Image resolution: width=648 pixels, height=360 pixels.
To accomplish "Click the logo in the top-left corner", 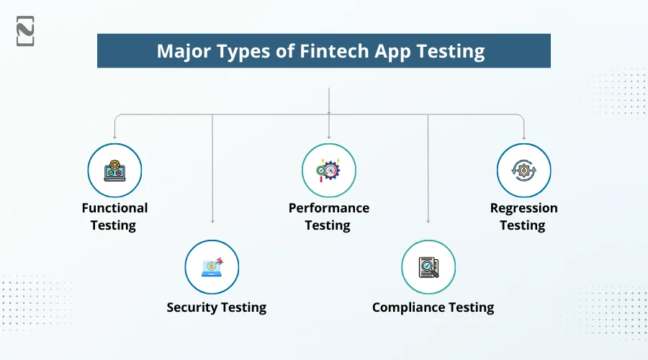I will (25, 31).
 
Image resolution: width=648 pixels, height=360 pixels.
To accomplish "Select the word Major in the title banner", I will (182, 52).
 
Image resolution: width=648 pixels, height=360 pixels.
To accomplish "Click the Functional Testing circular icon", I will (114, 171).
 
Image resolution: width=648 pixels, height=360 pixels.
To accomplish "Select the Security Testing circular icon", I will (212, 267).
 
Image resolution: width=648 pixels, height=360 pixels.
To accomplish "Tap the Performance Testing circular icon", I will (328, 171).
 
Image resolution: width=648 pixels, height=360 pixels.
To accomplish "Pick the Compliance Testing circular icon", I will (428, 267).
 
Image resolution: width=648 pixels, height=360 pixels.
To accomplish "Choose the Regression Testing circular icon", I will (523, 171).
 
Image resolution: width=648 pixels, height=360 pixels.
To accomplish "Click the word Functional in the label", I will (114, 208).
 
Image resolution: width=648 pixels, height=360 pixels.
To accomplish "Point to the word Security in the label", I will (192, 307).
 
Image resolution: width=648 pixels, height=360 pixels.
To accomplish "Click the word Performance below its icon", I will (328, 208).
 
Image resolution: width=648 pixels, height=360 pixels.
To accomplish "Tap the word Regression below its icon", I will (523, 208).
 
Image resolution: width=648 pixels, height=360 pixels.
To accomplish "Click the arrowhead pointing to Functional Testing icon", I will (114, 136).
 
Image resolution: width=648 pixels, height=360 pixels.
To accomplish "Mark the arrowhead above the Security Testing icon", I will (212, 221).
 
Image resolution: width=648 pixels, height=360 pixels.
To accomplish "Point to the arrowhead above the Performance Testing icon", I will (329, 136).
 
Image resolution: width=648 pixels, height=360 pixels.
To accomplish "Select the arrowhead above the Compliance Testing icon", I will (428, 221).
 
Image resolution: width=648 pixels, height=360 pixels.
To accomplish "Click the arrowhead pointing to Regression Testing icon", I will (523, 136).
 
